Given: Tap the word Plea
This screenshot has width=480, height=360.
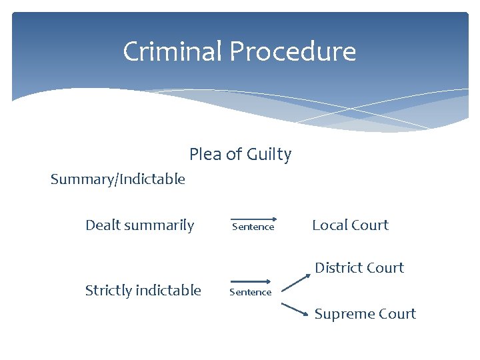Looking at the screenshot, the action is click(x=205, y=155).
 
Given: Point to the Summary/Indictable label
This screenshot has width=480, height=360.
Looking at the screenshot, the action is click(x=118, y=179).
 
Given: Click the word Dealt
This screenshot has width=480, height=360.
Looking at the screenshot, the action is click(x=102, y=225).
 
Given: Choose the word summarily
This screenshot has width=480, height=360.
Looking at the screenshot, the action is click(x=159, y=225).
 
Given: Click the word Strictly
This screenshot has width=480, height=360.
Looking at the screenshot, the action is click(x=109, y=290).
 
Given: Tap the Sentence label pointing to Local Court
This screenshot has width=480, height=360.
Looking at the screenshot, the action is click(x=253, y=227).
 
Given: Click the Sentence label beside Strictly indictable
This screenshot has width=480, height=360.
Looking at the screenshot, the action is click(x=251, y=292).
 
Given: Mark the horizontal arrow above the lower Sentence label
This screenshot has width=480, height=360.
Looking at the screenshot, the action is click(x=251, y=282).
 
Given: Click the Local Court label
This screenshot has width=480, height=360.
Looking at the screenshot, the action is click(x=350, y=225).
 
